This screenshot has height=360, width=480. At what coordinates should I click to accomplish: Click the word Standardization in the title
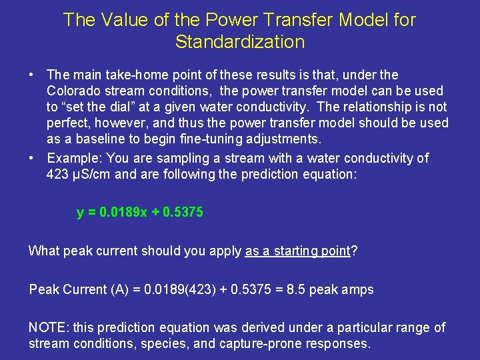pos(239,42)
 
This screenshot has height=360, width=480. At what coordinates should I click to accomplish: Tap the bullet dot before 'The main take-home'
pos(32,75)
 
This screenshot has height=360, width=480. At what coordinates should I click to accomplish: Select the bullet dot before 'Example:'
pos(32,158)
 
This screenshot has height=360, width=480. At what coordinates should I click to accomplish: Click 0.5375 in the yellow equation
pos(183,213)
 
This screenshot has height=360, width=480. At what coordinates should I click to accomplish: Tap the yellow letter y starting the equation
pos(80,213)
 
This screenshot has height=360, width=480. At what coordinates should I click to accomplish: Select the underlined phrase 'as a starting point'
pos(297,251)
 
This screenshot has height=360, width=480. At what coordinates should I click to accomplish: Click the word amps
pos(358,289)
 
